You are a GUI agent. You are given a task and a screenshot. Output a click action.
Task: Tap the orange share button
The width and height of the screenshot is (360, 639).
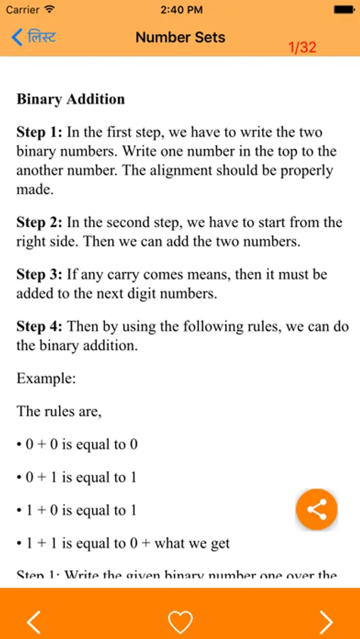tap(316, 510)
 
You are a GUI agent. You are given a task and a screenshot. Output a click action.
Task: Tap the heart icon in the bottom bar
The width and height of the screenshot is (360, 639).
tap(180, 621)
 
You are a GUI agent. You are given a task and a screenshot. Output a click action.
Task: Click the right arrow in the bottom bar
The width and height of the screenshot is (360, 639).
tap(326, 621)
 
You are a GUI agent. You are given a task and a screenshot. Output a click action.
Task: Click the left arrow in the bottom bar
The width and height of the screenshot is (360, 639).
tap(33, 621)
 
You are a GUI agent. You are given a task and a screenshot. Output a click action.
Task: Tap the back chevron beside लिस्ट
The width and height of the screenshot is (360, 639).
tap(17, 37)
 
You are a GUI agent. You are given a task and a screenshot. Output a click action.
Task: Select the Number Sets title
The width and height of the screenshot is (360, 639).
tap(180, 37)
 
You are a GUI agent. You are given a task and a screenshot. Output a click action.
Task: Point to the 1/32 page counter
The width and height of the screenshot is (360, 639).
tap(302, 48)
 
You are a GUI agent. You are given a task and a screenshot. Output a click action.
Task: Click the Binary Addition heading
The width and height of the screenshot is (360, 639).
tap(70, 99)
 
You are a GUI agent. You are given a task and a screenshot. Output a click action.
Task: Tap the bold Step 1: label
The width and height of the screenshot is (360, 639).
tap(40, 133)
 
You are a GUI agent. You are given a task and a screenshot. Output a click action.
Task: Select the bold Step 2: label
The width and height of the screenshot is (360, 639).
tap(40, 223)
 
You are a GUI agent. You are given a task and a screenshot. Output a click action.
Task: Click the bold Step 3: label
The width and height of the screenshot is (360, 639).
tap(40, 275)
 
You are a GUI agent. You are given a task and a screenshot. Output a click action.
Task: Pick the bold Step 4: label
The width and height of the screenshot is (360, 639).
tap(40, 327)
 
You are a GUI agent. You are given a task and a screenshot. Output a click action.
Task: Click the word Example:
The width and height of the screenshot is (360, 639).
tap(46, 378)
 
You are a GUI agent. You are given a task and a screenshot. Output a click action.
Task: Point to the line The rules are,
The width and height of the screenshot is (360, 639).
tap(59, 411)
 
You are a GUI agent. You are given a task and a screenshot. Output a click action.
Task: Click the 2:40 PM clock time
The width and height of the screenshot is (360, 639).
tap(180, 10)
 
